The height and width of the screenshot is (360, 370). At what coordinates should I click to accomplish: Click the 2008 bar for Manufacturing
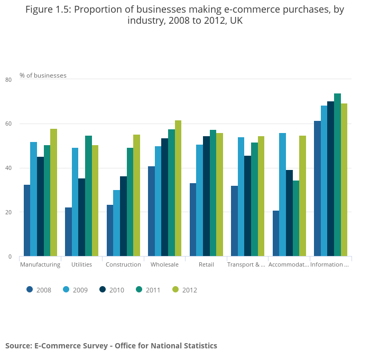[x=27, y=221]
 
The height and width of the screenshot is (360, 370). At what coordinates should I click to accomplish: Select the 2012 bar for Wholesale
[x=178, y=188]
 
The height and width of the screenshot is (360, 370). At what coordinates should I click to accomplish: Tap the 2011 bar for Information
[x=337, y=175]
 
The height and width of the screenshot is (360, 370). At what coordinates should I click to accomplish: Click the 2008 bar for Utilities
[x=68, y=232]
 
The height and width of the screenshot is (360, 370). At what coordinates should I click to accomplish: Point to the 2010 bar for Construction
[x=123, y=216]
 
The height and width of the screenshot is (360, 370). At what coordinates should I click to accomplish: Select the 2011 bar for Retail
[x=213, y=193]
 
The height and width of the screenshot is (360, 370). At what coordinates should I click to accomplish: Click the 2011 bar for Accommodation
[x=296, y=219]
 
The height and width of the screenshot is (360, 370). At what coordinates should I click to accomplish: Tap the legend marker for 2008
[x=30, y=289]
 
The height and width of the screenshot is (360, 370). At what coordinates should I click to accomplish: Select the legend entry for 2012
[x=184, y=290]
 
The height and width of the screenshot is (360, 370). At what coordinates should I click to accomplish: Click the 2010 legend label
[x=116, y=290]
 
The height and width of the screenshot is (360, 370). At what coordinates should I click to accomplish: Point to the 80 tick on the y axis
[x=8, y=80]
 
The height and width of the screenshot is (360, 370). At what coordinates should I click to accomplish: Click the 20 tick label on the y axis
[x=8, y=212]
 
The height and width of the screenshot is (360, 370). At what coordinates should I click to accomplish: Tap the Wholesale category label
[x=164, y=264]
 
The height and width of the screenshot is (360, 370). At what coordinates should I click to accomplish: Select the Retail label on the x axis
[x=206, y=264]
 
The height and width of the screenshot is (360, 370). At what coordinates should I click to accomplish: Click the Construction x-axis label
[x=123, y=264]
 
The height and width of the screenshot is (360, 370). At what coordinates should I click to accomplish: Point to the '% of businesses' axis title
[x=43, y=75]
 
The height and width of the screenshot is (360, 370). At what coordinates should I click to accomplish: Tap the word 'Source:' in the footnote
[x=18, y=346]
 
